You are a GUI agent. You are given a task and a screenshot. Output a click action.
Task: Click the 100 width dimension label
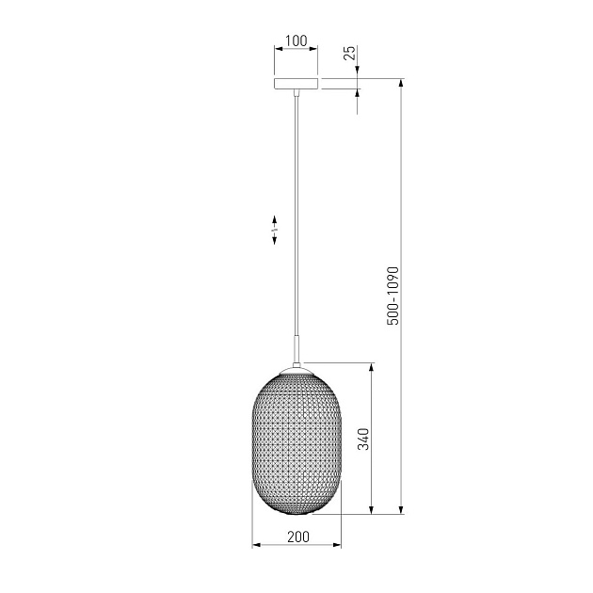coord(296,40)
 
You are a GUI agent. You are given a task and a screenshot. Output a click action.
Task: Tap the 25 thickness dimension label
coord(350,53)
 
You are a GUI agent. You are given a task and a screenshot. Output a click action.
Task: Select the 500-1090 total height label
coord(393,296)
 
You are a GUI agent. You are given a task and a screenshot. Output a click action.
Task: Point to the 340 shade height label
coord(363,439)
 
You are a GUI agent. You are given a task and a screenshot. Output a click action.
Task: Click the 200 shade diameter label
coord(298,537)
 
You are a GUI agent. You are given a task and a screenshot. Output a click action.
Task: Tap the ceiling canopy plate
coord(296,83)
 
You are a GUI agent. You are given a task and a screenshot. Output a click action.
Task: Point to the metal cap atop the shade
coord(296,370)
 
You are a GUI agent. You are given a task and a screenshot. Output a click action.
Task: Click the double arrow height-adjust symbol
coord(274,230)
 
